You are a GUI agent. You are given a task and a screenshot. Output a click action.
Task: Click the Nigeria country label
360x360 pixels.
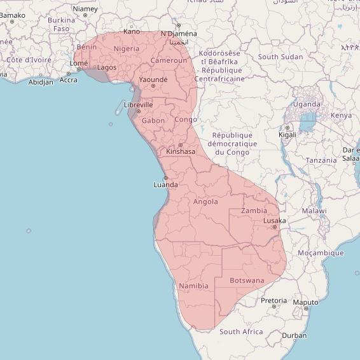pyautogui.click(x=126, y=48)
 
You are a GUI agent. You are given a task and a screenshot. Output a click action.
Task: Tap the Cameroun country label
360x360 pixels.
pyautogui.click(x=169, y=60)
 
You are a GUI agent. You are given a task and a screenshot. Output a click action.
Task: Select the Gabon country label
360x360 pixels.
pyautogui.click(x=153, y=120)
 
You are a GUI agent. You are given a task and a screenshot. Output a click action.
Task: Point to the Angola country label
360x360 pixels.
pyautogui.click(x=205, y=202)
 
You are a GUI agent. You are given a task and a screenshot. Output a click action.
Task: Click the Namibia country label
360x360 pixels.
pyautogui.click(x=194, y=286)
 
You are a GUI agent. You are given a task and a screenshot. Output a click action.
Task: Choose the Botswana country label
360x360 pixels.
pyautogui.click(x=247, y=280)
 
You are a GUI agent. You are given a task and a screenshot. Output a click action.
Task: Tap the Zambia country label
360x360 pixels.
pyautogui.click(x=254, y=211)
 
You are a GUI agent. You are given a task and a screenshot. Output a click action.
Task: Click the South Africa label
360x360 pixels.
pyautogui.click(x=241, y=331)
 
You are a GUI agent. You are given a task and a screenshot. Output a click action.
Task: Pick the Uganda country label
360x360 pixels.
pyautogui.click(x=307, y=104)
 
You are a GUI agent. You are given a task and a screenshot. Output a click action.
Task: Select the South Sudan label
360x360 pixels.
pyautogui.click(x=280, y=57)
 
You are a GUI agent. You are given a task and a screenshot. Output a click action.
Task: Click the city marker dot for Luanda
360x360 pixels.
pyautogui.click(x=165, y=177)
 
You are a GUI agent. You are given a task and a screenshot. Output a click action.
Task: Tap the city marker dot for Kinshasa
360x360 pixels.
pyautogui.click(x=180, y=145)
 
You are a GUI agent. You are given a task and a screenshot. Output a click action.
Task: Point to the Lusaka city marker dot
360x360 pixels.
pyautogui.click(x=274, y=227)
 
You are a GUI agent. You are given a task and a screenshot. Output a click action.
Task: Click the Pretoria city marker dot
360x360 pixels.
pyautogui.click(x=274, y=307)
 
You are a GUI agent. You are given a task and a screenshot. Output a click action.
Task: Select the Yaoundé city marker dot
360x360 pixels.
pyautogui.click(x=153, y=86)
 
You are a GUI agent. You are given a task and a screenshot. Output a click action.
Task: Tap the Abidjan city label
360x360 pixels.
pyautogui.click(x=41, y=82)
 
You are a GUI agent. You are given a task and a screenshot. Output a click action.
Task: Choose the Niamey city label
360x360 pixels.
pyautogui.click(x=85, y=9)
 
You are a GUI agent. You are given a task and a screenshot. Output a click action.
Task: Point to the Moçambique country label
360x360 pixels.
pyautogui.click(x=321, y=253)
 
